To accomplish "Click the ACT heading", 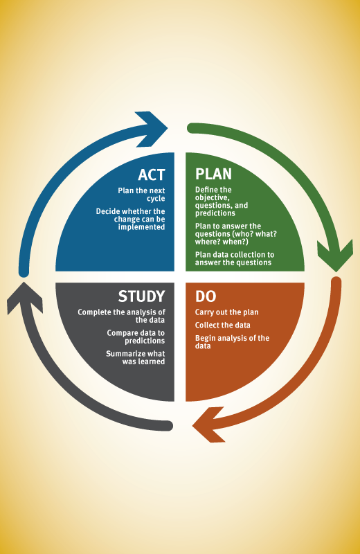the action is point(151,175).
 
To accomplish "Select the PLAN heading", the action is point(213,175).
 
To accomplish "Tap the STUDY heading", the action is point(141,296).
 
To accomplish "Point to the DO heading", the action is point(206,296).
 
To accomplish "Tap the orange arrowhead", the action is point(209,425).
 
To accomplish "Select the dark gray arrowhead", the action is point(24,298).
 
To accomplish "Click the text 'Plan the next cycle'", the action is point(141,195).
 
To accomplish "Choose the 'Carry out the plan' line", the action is point(227,312).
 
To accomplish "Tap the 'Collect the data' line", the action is point(222,325).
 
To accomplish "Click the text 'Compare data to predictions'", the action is point(136,337).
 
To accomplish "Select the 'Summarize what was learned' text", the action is point(135,357).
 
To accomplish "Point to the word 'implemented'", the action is point(141,227).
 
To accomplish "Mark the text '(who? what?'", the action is point(255,234).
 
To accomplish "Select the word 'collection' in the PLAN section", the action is point(247,255).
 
